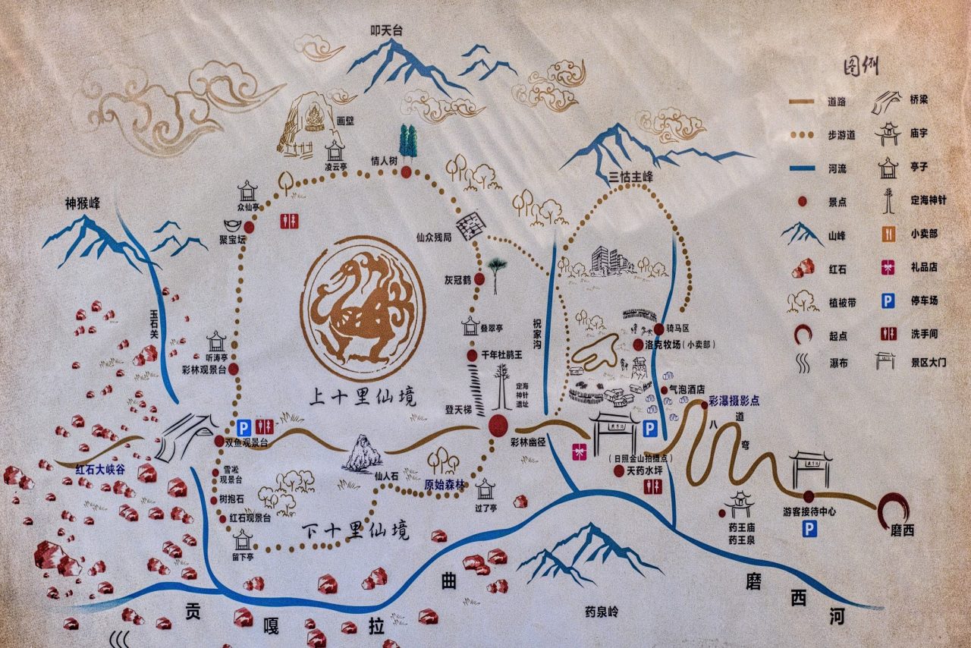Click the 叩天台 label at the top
click(x=385, y=31)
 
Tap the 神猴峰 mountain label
click(x=83, y=203)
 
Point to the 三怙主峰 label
click(x=631, y=178)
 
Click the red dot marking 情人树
click(x=407, y=172)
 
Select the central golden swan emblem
click(x=363, y=307)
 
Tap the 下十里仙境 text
click(x=355, y=529)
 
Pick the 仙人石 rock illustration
click(x=364, y=454)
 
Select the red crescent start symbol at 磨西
click(x=894, y=510)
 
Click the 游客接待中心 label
click(x=809, y=511)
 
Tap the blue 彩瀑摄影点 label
click(x=734, y=400)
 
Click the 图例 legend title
click(x=862, y=67)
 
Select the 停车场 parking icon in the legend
click(x=887, y=301)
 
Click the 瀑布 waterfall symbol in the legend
click(x=803, y=363)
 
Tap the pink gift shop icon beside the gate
click(x=580, y=451)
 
